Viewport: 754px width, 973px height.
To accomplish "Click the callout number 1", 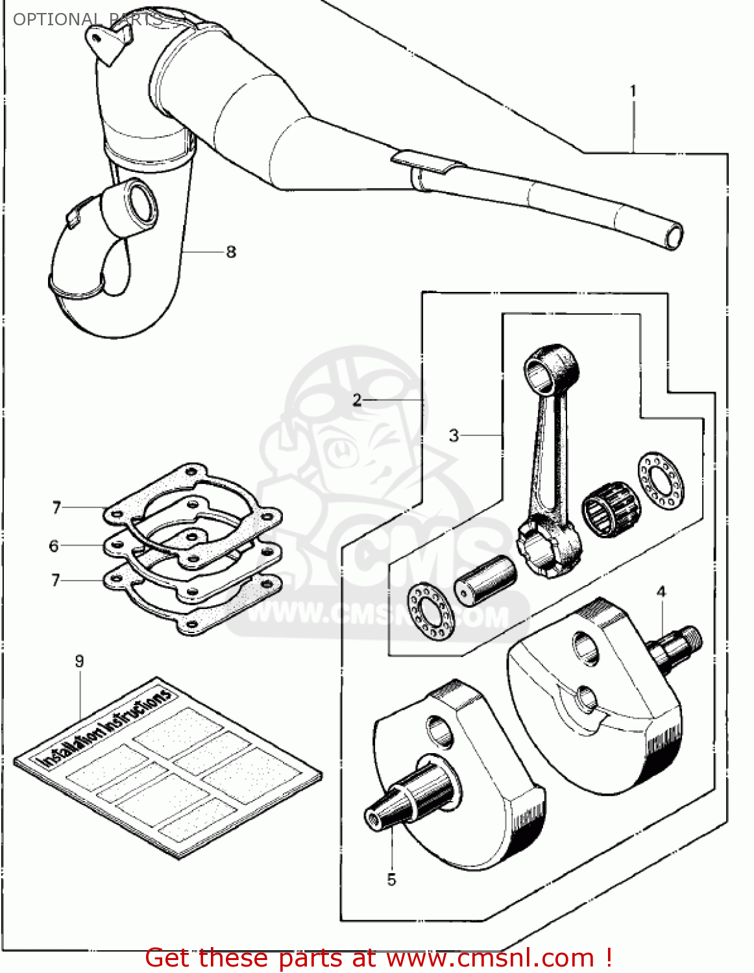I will coord(633,91).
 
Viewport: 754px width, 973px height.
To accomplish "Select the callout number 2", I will coord(357,400).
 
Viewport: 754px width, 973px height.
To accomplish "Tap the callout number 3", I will coord(454,435).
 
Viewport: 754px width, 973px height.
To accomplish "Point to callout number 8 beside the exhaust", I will coord(231,252).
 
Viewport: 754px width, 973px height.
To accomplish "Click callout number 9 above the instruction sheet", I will coord(79,661).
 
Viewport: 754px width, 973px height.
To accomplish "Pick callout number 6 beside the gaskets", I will coord(54,546).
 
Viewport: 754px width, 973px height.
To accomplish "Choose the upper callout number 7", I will coord(56,507).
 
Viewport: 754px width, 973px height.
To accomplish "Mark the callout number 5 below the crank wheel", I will coord(391,880).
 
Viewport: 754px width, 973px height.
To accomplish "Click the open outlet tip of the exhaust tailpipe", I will coord(674,236).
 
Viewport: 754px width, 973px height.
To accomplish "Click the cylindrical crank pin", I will coord(485,580).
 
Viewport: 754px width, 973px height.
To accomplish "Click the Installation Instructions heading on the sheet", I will coord(107,730).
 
